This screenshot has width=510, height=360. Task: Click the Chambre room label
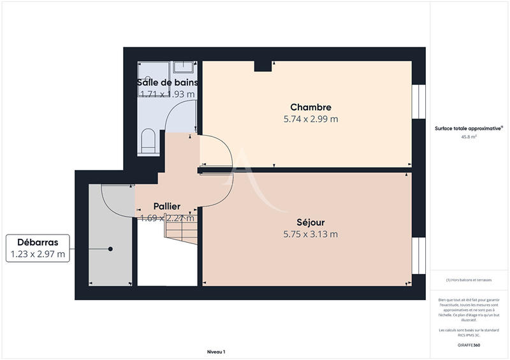point(310,107)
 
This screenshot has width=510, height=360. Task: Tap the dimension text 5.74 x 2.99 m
point(310,119)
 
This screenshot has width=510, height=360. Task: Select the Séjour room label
point(310,222)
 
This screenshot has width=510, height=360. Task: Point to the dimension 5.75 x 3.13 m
point(310,234)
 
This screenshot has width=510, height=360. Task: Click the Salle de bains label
point(167,83)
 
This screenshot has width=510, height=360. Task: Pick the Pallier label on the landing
point(166,206)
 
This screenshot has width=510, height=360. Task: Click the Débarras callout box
point(38,248)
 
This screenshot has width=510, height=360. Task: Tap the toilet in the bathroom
point(147,140)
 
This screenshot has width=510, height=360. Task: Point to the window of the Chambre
point(418,101)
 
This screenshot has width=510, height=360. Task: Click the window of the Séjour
point(418,255)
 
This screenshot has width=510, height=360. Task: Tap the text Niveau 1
point(216,352)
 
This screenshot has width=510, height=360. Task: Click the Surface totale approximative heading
point(468,127)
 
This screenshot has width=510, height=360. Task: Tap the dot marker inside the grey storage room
point(110,248)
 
